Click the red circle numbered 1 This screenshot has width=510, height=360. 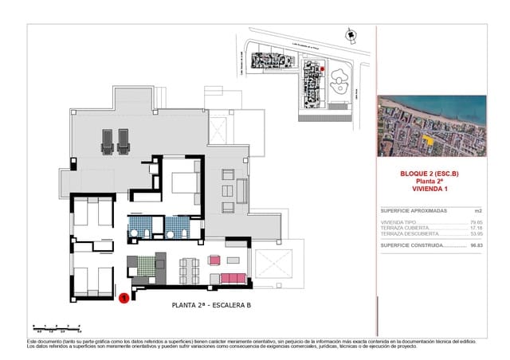click(124, 299)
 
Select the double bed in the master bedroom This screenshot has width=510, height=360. click(185, 181)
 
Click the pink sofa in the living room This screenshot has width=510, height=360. click(233, 278)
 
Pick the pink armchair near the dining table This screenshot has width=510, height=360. click(214, 260)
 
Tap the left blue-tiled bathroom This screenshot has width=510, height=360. click(140, 228)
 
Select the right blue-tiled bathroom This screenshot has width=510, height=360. click(180, 228)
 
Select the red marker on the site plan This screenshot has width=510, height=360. click(322, 70)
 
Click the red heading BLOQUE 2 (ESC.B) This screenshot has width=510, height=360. click(430, 174)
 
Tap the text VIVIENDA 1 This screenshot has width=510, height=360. click(430, 188)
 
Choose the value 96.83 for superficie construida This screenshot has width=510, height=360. click(477, 246)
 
